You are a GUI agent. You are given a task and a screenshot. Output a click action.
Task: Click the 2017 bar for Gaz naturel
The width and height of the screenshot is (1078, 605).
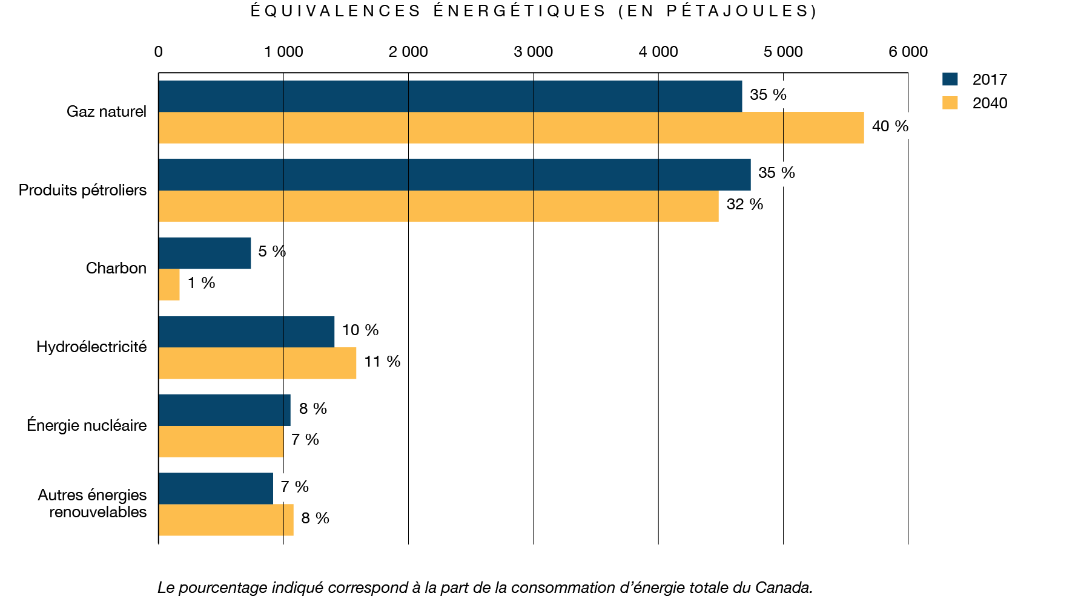450,96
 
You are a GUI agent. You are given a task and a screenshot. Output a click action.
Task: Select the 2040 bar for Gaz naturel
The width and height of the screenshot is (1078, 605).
511,128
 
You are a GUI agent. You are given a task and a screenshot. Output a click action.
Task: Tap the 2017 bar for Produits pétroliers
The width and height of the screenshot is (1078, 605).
454,175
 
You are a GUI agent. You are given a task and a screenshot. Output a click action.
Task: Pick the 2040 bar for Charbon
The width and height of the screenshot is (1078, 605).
169,284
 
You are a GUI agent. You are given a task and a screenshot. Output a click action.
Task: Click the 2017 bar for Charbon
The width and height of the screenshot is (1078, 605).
205,253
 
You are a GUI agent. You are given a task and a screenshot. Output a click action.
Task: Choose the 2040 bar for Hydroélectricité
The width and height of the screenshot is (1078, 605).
257,363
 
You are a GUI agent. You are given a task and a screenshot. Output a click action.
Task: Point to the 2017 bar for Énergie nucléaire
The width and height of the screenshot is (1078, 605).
225,410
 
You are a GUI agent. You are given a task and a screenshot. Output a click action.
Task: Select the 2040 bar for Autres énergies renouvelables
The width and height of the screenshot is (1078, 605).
226,520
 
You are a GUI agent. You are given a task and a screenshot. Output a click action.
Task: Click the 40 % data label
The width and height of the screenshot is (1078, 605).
890,126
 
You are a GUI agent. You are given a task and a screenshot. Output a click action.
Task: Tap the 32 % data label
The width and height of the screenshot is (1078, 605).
744,204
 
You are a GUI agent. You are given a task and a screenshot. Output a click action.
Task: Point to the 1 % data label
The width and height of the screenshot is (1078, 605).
201,283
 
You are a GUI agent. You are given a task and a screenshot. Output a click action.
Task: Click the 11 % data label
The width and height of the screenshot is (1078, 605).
382,361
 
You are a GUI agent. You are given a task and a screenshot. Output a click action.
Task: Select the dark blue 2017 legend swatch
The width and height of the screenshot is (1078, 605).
950,79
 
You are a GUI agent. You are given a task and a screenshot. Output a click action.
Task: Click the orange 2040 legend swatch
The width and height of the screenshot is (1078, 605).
950,103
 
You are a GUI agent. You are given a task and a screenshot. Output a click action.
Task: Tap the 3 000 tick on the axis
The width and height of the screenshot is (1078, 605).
533,52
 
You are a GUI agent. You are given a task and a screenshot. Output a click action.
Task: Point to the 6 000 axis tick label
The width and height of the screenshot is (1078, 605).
908,52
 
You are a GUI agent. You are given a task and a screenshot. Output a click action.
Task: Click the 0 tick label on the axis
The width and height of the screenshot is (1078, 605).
159,52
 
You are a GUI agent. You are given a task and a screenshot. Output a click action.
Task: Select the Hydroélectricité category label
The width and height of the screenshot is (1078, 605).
91,347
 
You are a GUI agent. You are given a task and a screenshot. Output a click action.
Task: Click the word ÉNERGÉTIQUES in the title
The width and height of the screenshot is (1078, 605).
520,11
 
